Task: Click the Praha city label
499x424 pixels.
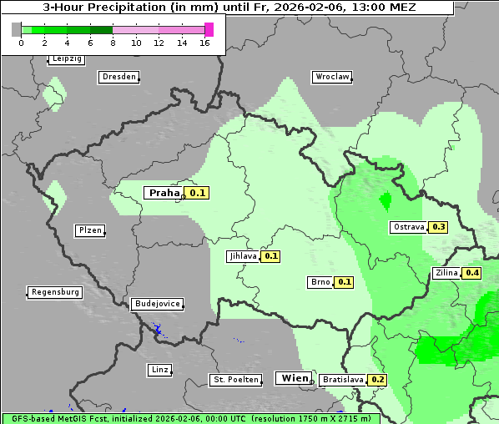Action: [x=164, y=193]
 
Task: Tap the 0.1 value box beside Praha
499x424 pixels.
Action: [x=197, y=193]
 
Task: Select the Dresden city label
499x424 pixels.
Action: [x=118, y=77]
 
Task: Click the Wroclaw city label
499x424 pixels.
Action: [x=331, y=77]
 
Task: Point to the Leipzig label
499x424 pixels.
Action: [x=66, y=59]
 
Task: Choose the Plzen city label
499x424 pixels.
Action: [x=88, y=230]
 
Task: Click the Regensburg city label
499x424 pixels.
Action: [x=55, y=292]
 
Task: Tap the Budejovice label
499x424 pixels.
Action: [x=157, y=304]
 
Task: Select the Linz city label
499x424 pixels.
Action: [x=159, y=370]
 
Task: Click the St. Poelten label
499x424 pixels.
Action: [x=234, y=380]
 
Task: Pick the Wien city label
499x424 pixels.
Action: [x=294, y=378]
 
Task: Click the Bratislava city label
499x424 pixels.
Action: [x=342, y=380]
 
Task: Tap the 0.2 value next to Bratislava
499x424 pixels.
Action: [x=378, y=380]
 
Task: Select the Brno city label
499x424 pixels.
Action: [x=320, y=282]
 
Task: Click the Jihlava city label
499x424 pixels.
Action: [x=243, y=256]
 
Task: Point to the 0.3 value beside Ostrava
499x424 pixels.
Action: [x=439, y=227]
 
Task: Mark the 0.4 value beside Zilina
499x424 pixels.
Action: [x=472, y=273]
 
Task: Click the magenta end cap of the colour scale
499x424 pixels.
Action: [x=209, y=29]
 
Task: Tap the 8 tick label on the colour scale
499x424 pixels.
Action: [x=113, y=43]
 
